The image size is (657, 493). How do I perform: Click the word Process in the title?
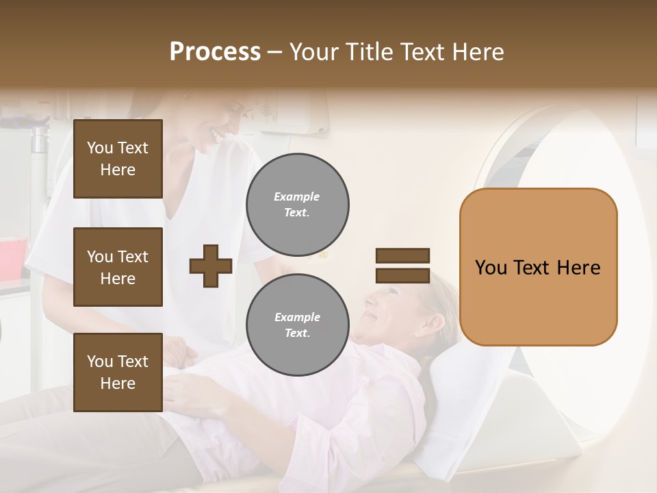point(215,52)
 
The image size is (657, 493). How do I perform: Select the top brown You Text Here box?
point(118,159)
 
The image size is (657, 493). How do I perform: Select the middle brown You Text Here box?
point(118,267)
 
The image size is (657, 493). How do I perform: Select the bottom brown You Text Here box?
point(118,372)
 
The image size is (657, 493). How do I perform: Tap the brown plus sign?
point(211,266)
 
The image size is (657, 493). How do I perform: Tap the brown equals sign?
point(402,266)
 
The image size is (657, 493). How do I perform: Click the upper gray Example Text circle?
point(298,204)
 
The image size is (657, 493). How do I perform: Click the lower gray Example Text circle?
point(298,325)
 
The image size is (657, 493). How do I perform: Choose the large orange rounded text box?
point(538,267)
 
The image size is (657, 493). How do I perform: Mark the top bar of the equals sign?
point(402,256)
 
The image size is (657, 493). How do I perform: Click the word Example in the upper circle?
point(296,197)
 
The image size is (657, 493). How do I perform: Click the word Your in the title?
point(314,52)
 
